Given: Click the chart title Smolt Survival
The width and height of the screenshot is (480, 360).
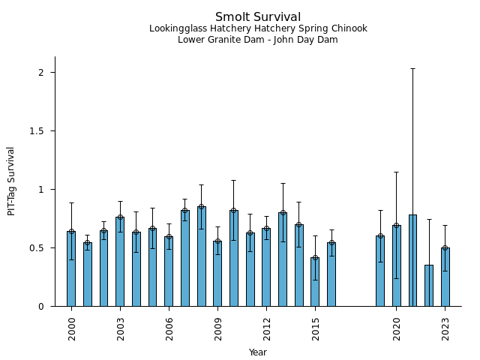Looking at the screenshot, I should pos(258,17).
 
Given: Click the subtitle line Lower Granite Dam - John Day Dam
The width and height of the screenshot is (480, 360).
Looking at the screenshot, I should pos(258,40).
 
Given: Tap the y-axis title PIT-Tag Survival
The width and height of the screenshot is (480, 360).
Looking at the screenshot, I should pos(11,181).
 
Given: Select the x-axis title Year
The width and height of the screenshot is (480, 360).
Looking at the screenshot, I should pos(258,352).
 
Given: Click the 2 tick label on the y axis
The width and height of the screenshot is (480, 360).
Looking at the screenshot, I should pos(42,72).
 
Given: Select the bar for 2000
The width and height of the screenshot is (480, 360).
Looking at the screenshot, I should pos(71,268).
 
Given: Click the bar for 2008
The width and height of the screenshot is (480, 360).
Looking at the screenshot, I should pos(201,256).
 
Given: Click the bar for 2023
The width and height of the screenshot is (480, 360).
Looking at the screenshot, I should pos(445,277).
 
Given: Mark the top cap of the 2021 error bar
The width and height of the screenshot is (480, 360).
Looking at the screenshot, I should pos(412,68).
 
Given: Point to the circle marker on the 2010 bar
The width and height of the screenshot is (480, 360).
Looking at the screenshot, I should pos(234,211).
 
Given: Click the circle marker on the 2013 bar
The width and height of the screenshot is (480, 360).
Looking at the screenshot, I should pos(283,213).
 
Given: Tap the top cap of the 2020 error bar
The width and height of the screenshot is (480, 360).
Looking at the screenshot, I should pos(397,172).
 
